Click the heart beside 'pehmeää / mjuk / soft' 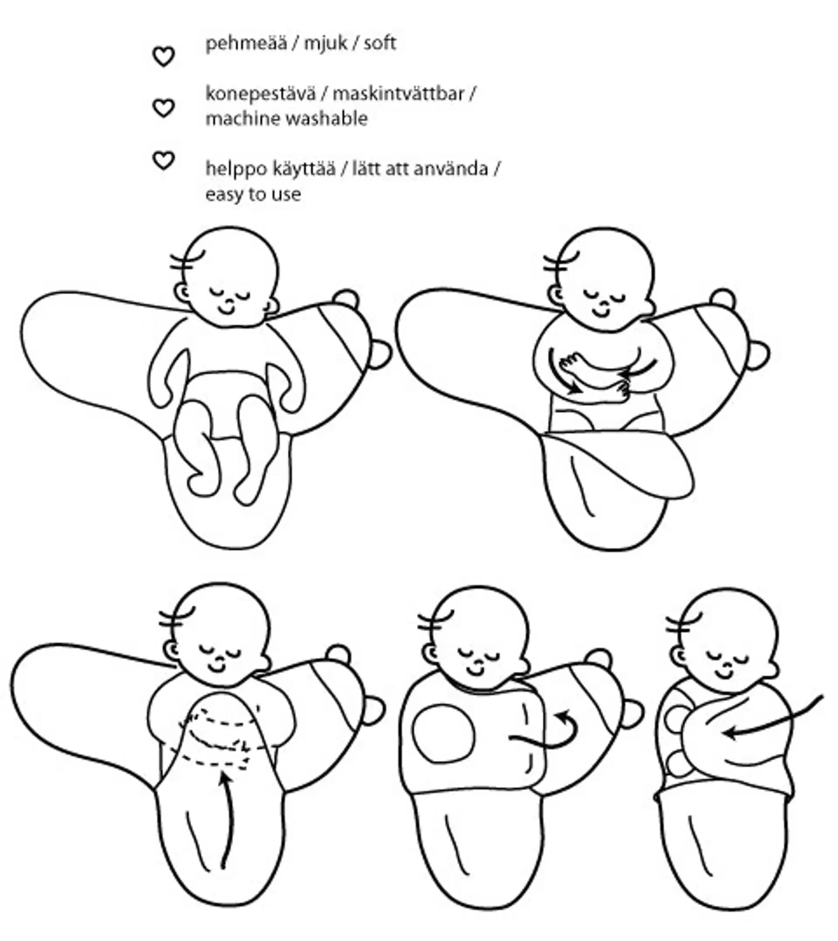164,56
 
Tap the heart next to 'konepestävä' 164,108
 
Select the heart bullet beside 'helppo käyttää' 164,160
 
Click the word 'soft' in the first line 380,43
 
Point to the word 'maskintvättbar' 399,93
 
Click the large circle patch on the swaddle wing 443,733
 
